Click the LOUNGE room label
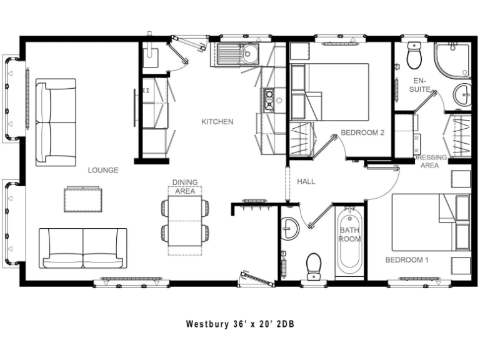point(103,170)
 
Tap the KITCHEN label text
point(217,122)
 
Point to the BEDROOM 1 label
point(406,260)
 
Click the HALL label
point(306,182)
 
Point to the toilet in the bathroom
point(314,264)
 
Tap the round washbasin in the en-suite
point(463,95)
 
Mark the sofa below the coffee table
point(83,248)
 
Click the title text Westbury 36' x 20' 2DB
point(239,324)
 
